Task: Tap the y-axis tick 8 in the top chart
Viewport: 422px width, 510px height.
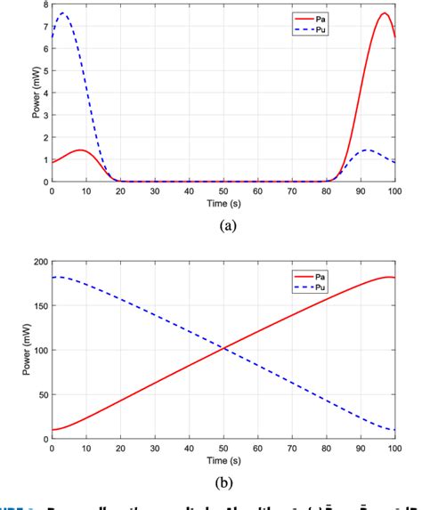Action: click(44, 5)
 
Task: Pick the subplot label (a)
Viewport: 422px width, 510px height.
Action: click(223, 226)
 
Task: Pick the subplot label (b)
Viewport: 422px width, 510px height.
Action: click(223, 484)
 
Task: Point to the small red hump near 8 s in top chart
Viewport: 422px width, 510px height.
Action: click(79, 150)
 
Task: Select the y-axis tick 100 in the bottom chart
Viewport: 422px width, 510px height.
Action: click(37, 351)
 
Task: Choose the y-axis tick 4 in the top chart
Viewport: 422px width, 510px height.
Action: click(44, 93)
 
